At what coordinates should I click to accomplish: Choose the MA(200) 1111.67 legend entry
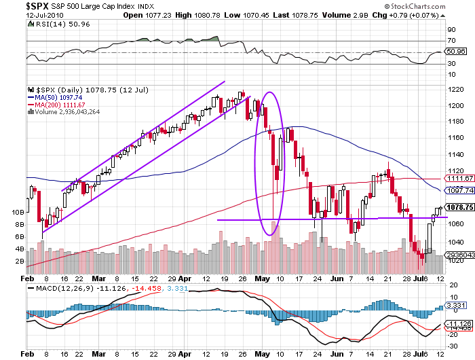[x=58, y=105]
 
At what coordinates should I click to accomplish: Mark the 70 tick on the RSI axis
[x=450, y=41]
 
